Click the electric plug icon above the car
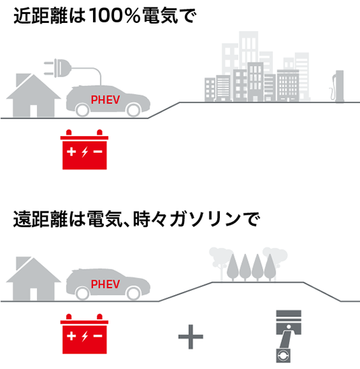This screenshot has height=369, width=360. [x=58, y=68]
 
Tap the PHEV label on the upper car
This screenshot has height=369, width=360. [x=105, y=100]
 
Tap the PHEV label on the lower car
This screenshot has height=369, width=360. [x=105, y=284]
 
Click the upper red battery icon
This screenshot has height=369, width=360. [x=84, y=149]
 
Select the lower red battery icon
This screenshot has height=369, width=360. [x=84, y=334]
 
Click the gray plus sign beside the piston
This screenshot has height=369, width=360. [x=191, y=337]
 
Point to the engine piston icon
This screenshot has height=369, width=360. [x=289, y=337]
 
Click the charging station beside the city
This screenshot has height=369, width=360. [x=337, y=87]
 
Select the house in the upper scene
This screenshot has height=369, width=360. [x=34, y=96]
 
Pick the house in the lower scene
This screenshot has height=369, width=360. [x=34, y=279]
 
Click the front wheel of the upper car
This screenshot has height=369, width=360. [x=133, y=110]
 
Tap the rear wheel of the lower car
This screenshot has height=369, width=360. [x=83, y=293]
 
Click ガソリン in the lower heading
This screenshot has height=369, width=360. [x=205, y=219]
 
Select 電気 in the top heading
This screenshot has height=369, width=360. [x=160, y=15]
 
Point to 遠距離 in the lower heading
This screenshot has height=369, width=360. [x=40, y=219]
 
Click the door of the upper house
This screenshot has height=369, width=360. [x=34, y=111]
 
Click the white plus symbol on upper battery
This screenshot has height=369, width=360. [x=71, y=152]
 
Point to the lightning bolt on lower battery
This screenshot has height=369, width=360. [x=85, y=336]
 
